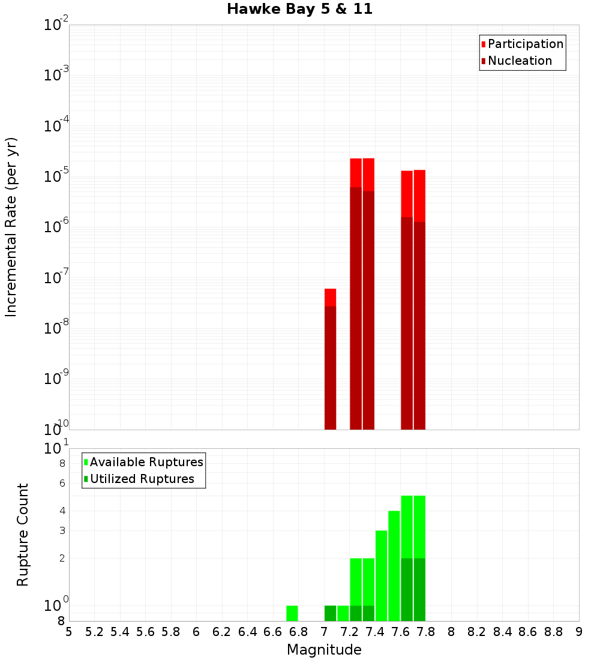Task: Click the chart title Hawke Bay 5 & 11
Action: pos(299,10)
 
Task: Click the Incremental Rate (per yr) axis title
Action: pos(11,227)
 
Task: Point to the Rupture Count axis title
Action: pos(23,535)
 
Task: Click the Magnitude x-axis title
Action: pos(324,650)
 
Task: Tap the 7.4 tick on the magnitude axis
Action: pos(375,632)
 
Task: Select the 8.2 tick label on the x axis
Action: pos(477,632)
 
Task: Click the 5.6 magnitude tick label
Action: pos(145,632)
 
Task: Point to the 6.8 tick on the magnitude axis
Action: pos(298,632)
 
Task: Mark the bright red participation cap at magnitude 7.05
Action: pos(330,298)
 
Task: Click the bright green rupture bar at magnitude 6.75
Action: pos(292,613)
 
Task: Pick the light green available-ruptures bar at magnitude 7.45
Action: pos(381,576)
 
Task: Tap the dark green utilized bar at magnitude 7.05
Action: pos(330,613)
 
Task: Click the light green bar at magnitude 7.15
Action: pos(343,613)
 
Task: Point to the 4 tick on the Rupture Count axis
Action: pos(61,511)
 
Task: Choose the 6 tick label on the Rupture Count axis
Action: pos(61,484)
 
